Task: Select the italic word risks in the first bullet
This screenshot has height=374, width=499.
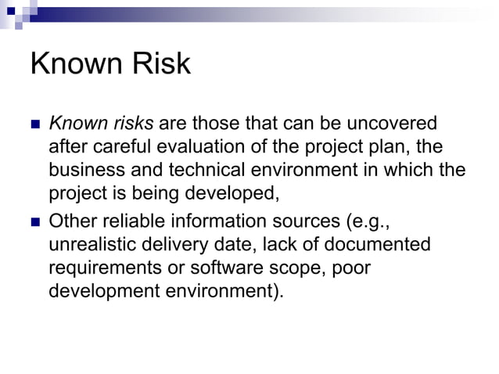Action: tap(134, 124)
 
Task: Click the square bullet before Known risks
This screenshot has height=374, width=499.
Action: tap(34, 124)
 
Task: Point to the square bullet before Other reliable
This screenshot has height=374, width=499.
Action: tap(34, 222)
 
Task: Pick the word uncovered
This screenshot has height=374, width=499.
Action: tap(391, 124)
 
